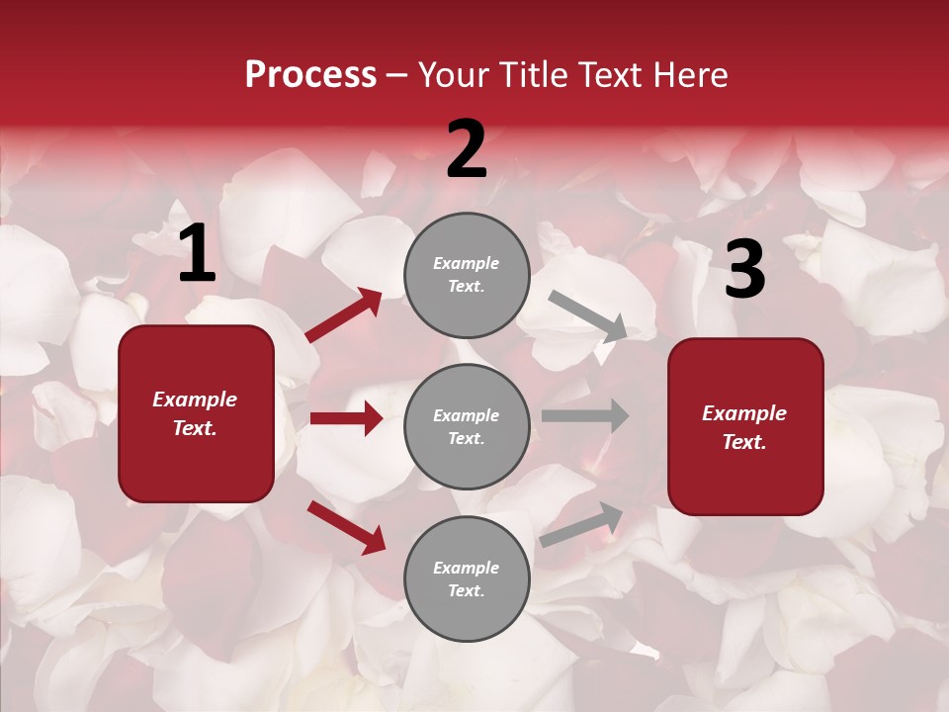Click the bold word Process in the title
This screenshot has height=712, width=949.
(310, 75)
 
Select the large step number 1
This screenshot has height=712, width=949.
(197, 255)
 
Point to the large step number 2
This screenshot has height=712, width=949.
(467, 148)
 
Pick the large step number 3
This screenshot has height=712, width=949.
(744, 270)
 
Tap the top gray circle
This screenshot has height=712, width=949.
(467, 274)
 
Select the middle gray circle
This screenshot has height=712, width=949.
(467, 426)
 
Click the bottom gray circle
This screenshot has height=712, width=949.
(467, 578)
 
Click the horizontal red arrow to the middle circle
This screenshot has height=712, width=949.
(346, 418)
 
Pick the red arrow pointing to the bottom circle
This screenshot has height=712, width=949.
(346, 526)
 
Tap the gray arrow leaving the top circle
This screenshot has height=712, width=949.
(587, 316)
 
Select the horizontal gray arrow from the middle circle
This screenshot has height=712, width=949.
(585, 415)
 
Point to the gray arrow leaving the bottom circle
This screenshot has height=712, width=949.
(582, 525)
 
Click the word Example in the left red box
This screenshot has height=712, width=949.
(195, 400)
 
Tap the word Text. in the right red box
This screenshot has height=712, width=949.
(744, 442)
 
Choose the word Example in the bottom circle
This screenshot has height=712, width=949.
(467, 568)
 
